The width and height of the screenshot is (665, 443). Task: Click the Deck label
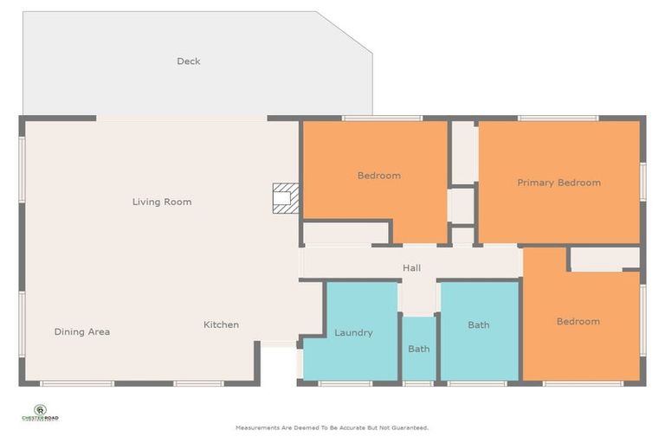click(x=189, y=61)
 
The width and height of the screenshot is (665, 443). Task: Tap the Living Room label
click(x=162, y=202)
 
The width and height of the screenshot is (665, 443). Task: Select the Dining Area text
click(x=82, y=331)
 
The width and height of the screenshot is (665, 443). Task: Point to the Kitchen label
click(x=221, y=325)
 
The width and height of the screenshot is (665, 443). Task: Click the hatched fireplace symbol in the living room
click(x=285, y=198)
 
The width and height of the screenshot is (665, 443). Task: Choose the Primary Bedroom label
click(x=558, y=183)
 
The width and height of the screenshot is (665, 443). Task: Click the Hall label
click(x=411, y=268)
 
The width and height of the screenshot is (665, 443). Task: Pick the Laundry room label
click(x=353, y=332)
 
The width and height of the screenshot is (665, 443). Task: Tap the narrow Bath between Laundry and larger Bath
click(x=419, y=350)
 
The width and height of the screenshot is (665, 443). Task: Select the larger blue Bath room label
click(x=479, y=325)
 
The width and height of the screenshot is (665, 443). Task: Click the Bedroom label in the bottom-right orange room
click(x=578, y=322)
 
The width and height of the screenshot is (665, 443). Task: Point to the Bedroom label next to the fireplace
click(x=379, y=176)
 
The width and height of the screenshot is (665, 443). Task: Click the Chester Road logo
click(x=40, y=413)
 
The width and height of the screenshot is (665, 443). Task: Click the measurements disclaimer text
click(x=332, y=427)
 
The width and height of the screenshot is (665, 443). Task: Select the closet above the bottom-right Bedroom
click(x=605, y=259)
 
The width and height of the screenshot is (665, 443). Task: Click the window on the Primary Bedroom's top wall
click(x=558, y=118)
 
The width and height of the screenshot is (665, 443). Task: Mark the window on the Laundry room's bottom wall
click(x=345, y=382)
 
